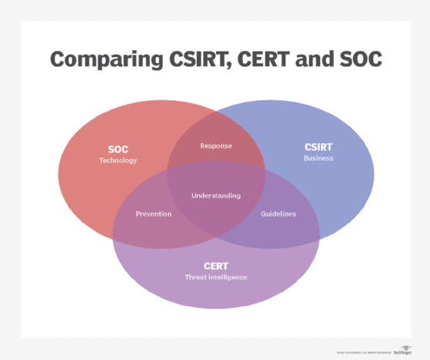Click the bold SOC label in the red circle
click(118, 148)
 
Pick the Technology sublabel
click(118, 161)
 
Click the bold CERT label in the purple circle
click(215, 265)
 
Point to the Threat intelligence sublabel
click(215, 277)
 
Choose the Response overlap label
click(215, 145)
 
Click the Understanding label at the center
click(215, 195)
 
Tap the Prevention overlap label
click(153, 214)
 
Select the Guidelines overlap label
click(278, 214)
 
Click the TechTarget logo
click(402, 352)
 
